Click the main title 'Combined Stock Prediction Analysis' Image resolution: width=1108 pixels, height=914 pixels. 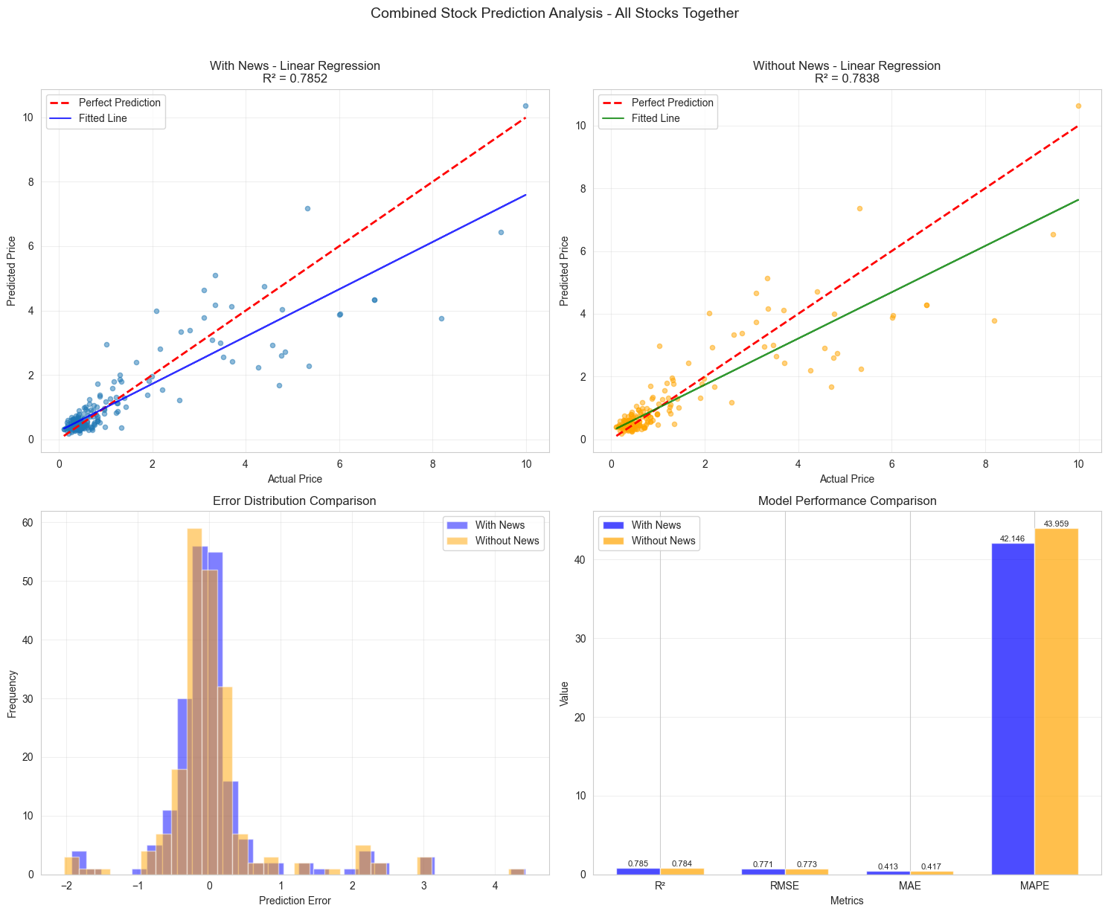554,13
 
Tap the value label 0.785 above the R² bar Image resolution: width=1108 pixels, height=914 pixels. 638,863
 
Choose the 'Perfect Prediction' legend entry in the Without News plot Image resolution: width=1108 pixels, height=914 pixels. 672,103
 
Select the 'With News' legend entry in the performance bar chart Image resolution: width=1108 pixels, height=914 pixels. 656,525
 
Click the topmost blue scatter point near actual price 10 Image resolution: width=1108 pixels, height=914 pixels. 525,106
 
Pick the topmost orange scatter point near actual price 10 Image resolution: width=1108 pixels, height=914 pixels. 1078,106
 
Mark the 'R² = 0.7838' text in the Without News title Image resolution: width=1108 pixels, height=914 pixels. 847,78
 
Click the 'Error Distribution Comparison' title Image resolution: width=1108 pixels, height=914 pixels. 295,501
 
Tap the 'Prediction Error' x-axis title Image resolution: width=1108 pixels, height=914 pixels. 295,901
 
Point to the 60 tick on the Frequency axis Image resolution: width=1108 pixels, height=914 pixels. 27,523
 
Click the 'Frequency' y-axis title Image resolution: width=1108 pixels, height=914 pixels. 12,693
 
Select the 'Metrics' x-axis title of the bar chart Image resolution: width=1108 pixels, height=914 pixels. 847,901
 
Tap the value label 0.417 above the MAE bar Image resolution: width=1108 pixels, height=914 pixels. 931,866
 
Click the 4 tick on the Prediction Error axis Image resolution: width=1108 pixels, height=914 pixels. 495,886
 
